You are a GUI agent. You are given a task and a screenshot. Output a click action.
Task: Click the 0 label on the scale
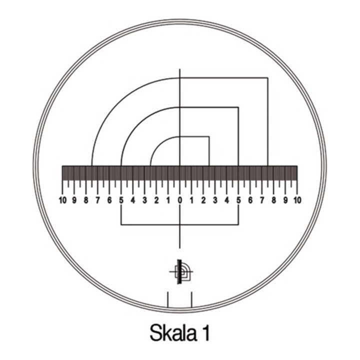(180, 200)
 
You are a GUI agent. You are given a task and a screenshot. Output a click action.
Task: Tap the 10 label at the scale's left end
(62, 200)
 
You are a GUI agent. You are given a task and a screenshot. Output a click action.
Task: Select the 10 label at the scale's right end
(297, 200)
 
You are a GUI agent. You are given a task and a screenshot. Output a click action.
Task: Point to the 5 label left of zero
(121, 200)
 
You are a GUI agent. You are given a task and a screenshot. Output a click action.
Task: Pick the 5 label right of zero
(239, 200)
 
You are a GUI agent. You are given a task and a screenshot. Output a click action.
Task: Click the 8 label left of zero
(86, 200)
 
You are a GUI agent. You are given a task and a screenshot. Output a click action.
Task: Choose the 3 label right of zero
(215, 200)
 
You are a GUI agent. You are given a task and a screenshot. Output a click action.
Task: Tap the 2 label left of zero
(156, 200)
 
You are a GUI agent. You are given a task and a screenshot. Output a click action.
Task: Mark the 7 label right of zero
(262, 200)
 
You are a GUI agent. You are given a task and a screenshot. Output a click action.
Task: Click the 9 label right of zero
(285, 200)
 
